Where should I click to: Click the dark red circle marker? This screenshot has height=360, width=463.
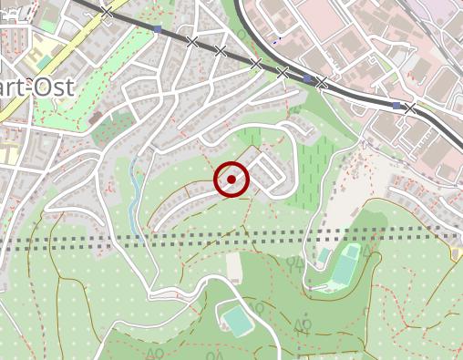point(231,180)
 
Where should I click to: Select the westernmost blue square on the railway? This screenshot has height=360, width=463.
point(158,30)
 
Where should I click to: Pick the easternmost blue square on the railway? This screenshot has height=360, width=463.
point(396,106)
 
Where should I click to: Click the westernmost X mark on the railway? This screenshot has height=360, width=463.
point(108,13)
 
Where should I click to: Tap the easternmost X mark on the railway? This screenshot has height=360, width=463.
point(410,109)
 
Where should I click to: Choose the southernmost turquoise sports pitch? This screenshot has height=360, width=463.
point(237,321)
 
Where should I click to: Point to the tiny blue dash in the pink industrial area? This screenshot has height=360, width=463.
point(274,41)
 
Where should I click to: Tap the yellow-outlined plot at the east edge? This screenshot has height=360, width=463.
point(456,254)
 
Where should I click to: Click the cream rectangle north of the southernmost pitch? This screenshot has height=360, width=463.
point(234,266)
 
